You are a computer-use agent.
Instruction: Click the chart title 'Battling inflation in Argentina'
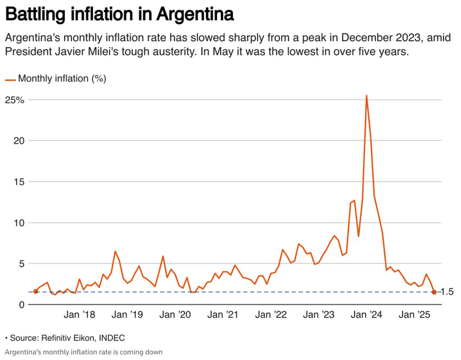click(119, 14)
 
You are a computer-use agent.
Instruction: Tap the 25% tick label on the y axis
click(15, 100)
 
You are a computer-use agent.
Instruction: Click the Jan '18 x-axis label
click(79, 315)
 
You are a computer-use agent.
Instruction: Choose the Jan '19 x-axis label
click(128, 315)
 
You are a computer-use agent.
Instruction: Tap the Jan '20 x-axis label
click(175, 315)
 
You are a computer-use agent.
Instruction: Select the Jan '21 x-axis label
click(223, 315)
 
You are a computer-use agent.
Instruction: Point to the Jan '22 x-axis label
click(271, 315)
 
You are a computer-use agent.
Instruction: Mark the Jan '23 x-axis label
click(319, 315)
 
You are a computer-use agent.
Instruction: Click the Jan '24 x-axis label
click(367, 315)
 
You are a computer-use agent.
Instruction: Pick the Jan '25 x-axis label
click(415, 315)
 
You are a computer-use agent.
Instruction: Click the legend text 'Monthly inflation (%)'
click(62, 79)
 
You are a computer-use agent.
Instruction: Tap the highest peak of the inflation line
click(366, 96)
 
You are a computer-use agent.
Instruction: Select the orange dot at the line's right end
click(434, 292)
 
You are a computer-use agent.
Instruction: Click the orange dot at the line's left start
click(35, 291)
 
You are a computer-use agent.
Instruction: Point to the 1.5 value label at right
click(447, 292)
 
